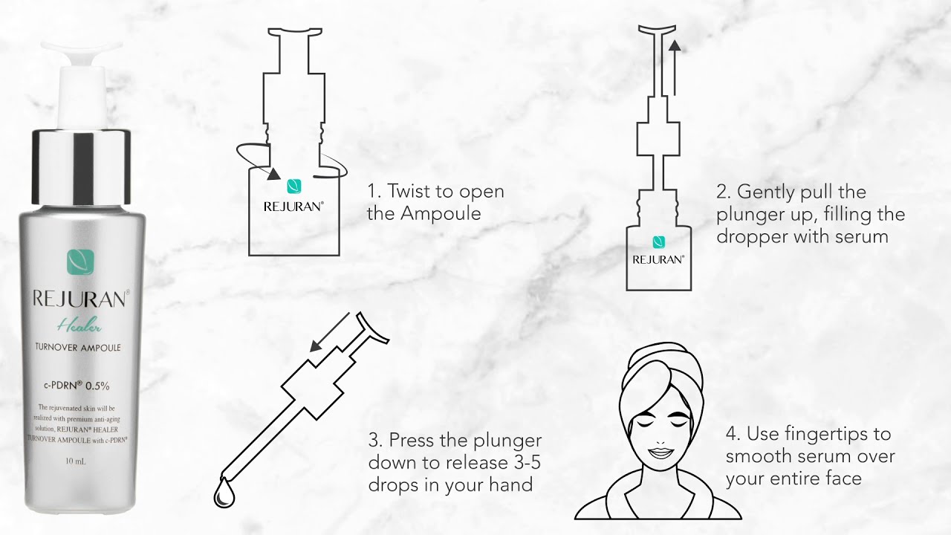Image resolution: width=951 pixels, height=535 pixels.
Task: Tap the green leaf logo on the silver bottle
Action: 81,262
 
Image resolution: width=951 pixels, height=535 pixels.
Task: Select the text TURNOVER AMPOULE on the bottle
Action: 78,347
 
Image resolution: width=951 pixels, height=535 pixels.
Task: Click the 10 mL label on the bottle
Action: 78,461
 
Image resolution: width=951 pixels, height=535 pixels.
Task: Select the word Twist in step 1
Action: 411,191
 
